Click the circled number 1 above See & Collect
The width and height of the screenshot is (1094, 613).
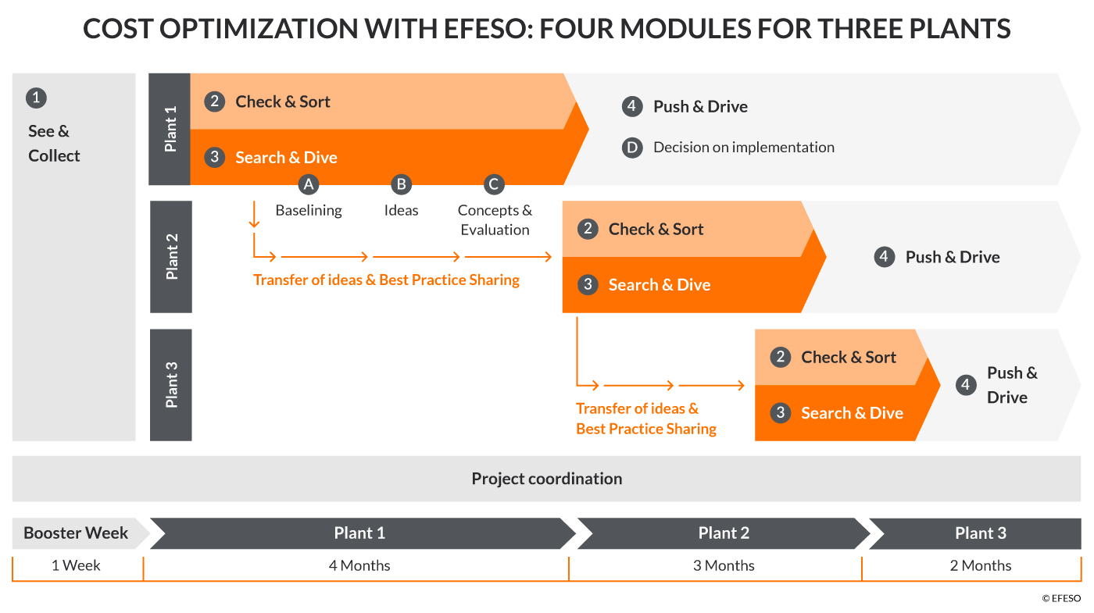tap(36, 98)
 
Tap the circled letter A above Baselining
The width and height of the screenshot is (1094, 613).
tap(308, 184)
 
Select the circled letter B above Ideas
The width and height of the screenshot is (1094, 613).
tap(401, 184)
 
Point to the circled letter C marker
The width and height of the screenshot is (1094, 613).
tap(494, 184)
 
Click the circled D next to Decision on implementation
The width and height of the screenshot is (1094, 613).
tap(632, 148)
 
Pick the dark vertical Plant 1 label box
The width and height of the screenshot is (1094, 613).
tap(170, 130)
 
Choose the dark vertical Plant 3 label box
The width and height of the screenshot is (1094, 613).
tap(171, 385)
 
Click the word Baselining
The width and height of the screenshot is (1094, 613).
tap(309, 210)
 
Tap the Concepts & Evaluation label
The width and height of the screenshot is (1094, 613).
tap(495, 219)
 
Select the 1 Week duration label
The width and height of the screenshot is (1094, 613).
tap(76, 565)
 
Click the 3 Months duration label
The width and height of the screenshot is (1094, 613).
tap(724, 565)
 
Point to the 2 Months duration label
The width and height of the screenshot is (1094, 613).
tap(981, 565)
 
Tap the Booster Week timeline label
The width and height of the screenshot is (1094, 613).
tap(76, 533)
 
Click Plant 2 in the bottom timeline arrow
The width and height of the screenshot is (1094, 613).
tap(724, 533)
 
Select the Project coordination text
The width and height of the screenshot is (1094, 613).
tap(547, 479)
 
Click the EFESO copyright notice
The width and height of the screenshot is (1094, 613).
tap(1061, 598)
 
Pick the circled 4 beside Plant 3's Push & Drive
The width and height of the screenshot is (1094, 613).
tap(966, 385)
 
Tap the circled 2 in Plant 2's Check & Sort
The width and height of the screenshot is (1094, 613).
tap(588, 229)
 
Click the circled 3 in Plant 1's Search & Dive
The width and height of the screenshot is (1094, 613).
tap(214, 157)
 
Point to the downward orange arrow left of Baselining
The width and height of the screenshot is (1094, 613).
tap(254, 214)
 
